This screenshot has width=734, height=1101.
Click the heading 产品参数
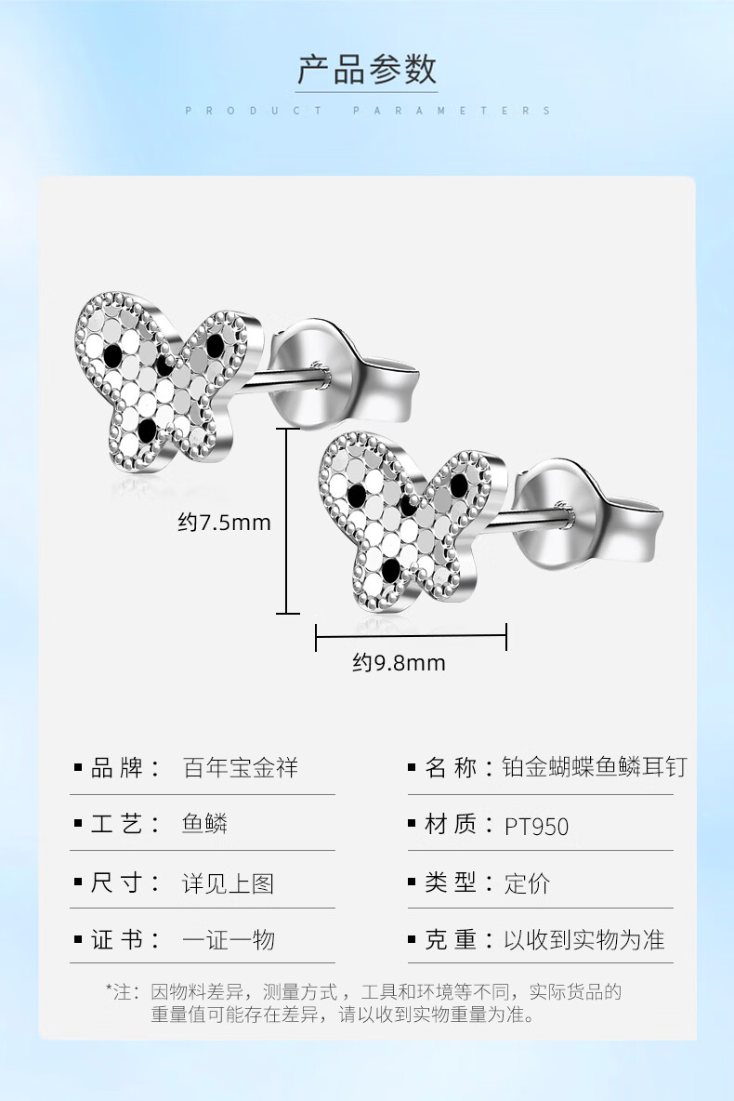[x=367, y=70]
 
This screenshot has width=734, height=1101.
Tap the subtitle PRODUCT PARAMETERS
[x=367, y=111]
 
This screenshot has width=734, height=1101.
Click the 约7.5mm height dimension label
[x=225, y=523]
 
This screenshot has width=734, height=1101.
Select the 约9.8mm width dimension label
[x=399, y=663]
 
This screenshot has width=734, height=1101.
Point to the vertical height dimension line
[x=287, y=521]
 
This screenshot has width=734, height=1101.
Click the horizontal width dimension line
[x=411, y=638]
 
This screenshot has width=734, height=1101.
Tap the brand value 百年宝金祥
[x=240, y=768]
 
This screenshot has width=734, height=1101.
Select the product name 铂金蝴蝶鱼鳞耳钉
[x=596, y=768]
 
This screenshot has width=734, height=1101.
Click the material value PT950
[x=536, y=826]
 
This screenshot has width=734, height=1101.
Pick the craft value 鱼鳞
[x=204, y=825]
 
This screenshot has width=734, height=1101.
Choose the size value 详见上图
[x=228, y=882]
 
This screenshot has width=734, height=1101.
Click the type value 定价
[x=527, y=882]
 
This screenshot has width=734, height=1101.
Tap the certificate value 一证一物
[x=228, y=940]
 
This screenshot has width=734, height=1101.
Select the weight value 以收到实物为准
[x=584, y=940]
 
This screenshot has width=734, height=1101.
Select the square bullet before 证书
[x=78, y=941]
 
